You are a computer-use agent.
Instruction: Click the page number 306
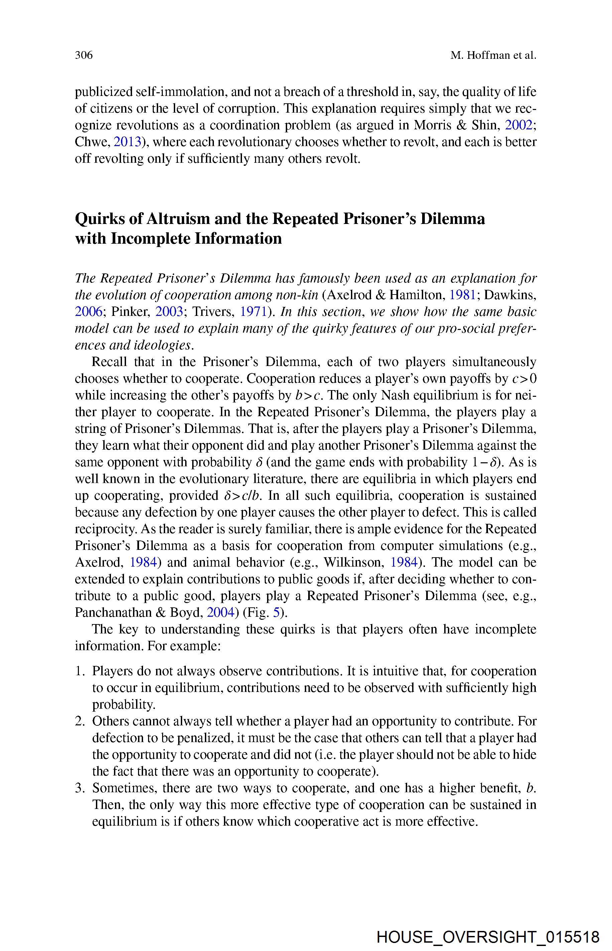(84, 55)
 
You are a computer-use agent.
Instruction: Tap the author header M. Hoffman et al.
(493, 55)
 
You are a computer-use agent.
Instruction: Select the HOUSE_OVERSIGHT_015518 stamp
(488, 926)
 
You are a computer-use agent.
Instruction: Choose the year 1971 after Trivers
(253, 311)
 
